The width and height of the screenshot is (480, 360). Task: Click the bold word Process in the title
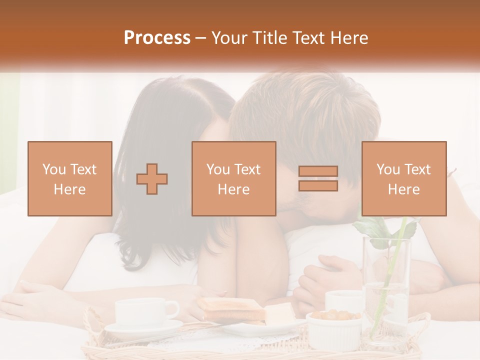pyautogui.click(x=157, y=38)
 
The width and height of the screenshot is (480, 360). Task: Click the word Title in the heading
pyautogui.click(x=269, y=38)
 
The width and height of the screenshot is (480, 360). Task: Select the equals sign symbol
pyautogui.click(x=318, y=178)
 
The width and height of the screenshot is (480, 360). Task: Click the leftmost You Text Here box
pyautogui.click(x=70, y=178)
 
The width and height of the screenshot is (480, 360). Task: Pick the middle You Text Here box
pyautogui.click(x=233, y=178)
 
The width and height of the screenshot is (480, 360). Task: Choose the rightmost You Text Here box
pyautogui.click(x=403, y=178)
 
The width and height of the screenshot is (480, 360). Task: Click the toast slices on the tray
pyautogui.click(x=231, y=308)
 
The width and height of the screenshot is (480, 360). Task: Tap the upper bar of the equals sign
pyautogui.click(x=318, y=171)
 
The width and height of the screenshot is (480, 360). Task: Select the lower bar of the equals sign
pyautogui.click(x=318, y=186)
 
